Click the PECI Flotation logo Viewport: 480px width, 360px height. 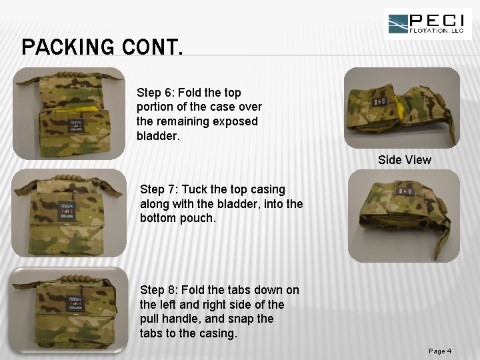(427, 24)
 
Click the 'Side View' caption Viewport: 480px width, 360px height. (404, 160)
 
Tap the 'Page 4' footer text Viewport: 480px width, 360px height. (440, 351)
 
